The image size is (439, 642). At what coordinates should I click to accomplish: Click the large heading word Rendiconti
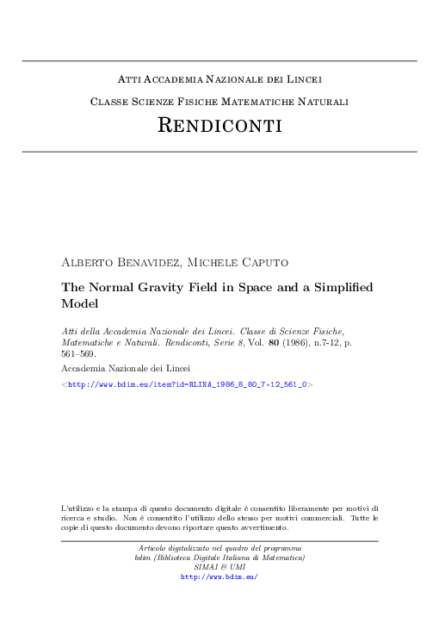pyautogui.click(x=219, y=126)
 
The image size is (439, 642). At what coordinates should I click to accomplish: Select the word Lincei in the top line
pyautogui.click(x=303, y=80)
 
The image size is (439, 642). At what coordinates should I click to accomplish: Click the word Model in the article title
pyautogui.click(x=82, y=304)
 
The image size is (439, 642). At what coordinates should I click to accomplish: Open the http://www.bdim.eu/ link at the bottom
pyautogui.click(x=219, y=577)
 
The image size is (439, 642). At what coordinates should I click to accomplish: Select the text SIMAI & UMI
pyautogui.click(x=219, y=567)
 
